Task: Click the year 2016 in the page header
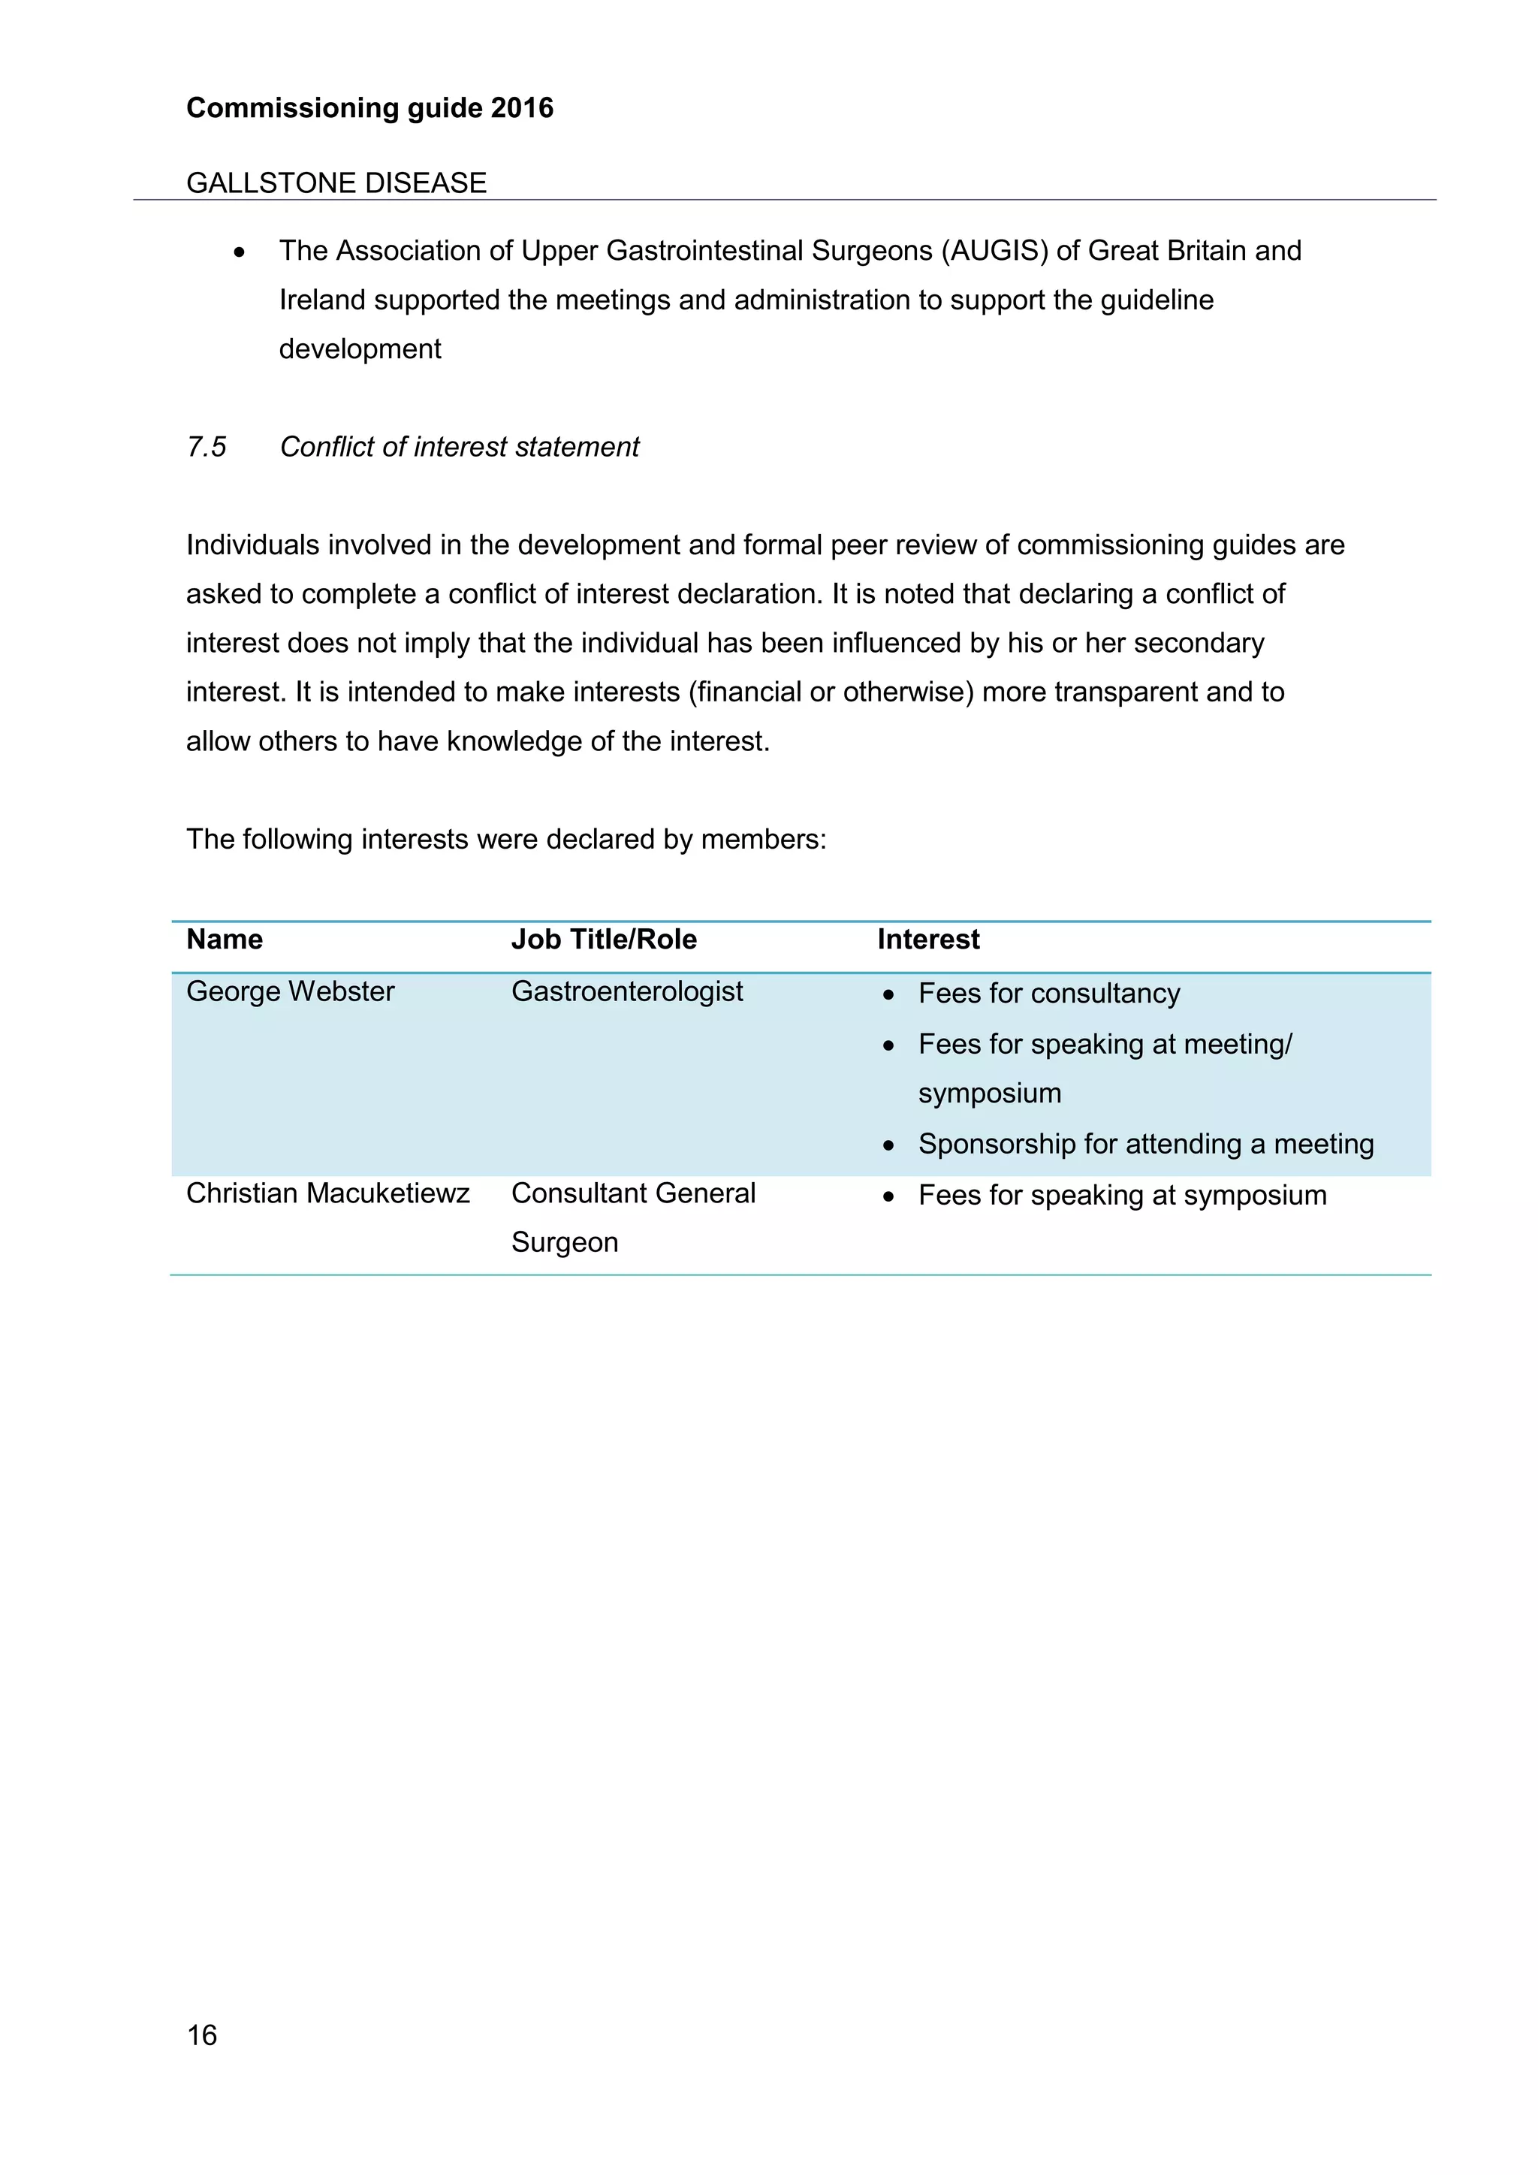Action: (522, 108)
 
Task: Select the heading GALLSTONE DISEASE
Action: (336, 183)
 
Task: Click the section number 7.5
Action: (207, 447)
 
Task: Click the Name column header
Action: (225, 940)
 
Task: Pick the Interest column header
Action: (928, 940)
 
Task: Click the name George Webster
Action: (290, 992)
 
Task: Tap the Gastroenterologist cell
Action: (627, 992)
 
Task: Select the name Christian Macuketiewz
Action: (327, 1193)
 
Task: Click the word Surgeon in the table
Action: (565, 1243)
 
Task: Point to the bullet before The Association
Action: (240, 253)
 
